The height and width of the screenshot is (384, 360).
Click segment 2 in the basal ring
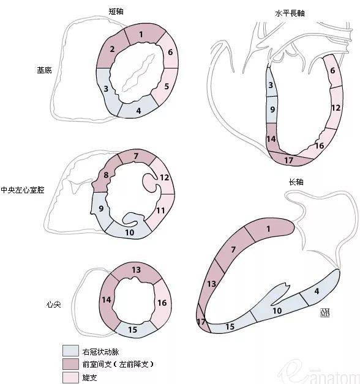[112, 51]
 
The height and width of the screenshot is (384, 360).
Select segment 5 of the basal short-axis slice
[166, 87]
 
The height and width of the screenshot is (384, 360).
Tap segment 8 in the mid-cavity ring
[106, 176]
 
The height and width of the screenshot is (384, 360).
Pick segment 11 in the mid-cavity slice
[160, 211]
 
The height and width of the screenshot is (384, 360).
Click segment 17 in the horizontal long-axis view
[289, 160]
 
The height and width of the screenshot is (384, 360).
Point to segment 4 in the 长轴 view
[317, 291]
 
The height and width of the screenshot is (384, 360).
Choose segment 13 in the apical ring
[136, 270]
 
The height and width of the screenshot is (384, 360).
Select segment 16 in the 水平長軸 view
[319, 146]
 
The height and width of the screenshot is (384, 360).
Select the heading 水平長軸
[290, 13]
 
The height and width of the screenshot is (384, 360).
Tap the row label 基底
[44, 70]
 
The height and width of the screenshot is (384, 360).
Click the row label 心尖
[53, 304]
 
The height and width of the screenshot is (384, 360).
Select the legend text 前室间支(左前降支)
[118, 364]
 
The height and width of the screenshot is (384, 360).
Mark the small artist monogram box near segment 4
[324, 313]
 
